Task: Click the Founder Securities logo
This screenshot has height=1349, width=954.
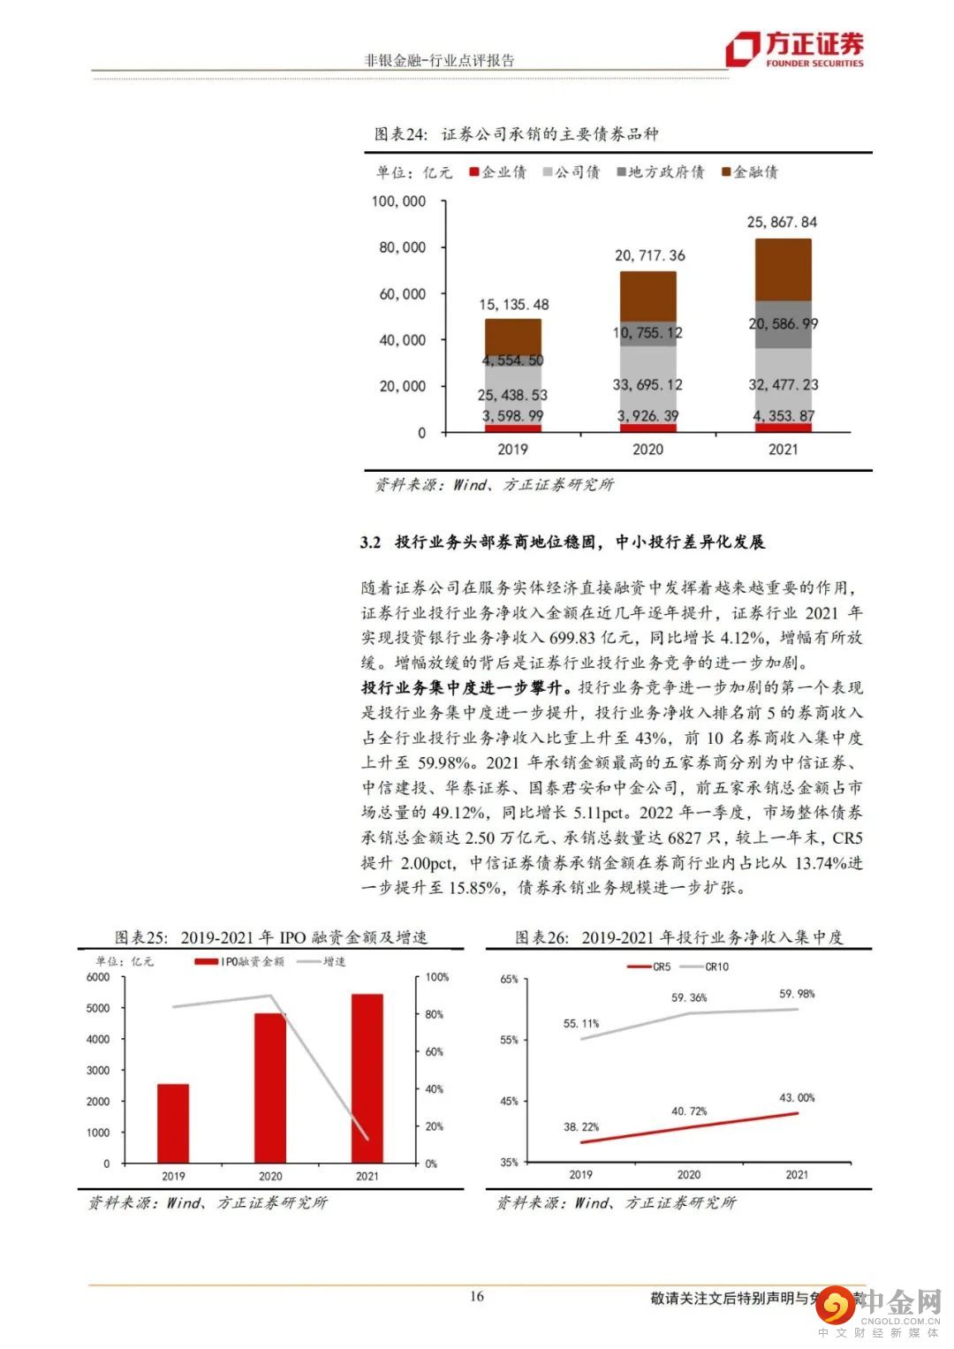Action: (x=793, y=49)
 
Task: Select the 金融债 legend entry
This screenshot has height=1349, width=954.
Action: (x=750, y=172)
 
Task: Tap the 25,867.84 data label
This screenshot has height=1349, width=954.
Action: (x=782, y=223)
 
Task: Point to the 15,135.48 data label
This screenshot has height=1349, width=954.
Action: (x=513, y=305)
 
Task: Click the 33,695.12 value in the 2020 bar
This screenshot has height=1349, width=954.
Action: (x=647, y=384)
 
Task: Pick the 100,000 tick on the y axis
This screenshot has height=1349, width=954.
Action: (x=398, y=201)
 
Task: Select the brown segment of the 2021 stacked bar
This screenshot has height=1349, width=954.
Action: (x=783, y=269)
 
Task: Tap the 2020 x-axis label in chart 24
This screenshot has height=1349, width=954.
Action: (x=647, y=449)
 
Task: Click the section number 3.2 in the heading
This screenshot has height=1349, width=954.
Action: (x=370, y=542)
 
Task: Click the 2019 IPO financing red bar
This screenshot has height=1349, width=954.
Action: (x=173, y=1123)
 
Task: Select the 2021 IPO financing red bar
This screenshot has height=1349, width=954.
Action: (x=367, y=1078)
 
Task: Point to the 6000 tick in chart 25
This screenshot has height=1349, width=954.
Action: (x=98, y=977)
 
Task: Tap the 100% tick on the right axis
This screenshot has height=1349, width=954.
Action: (x=437, y=977)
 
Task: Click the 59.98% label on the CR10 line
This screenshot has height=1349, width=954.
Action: (x=797, y=994)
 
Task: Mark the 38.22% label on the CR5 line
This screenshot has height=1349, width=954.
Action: (x=580, y=1127)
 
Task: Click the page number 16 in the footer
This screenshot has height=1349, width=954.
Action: (x=477, y=1297)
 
